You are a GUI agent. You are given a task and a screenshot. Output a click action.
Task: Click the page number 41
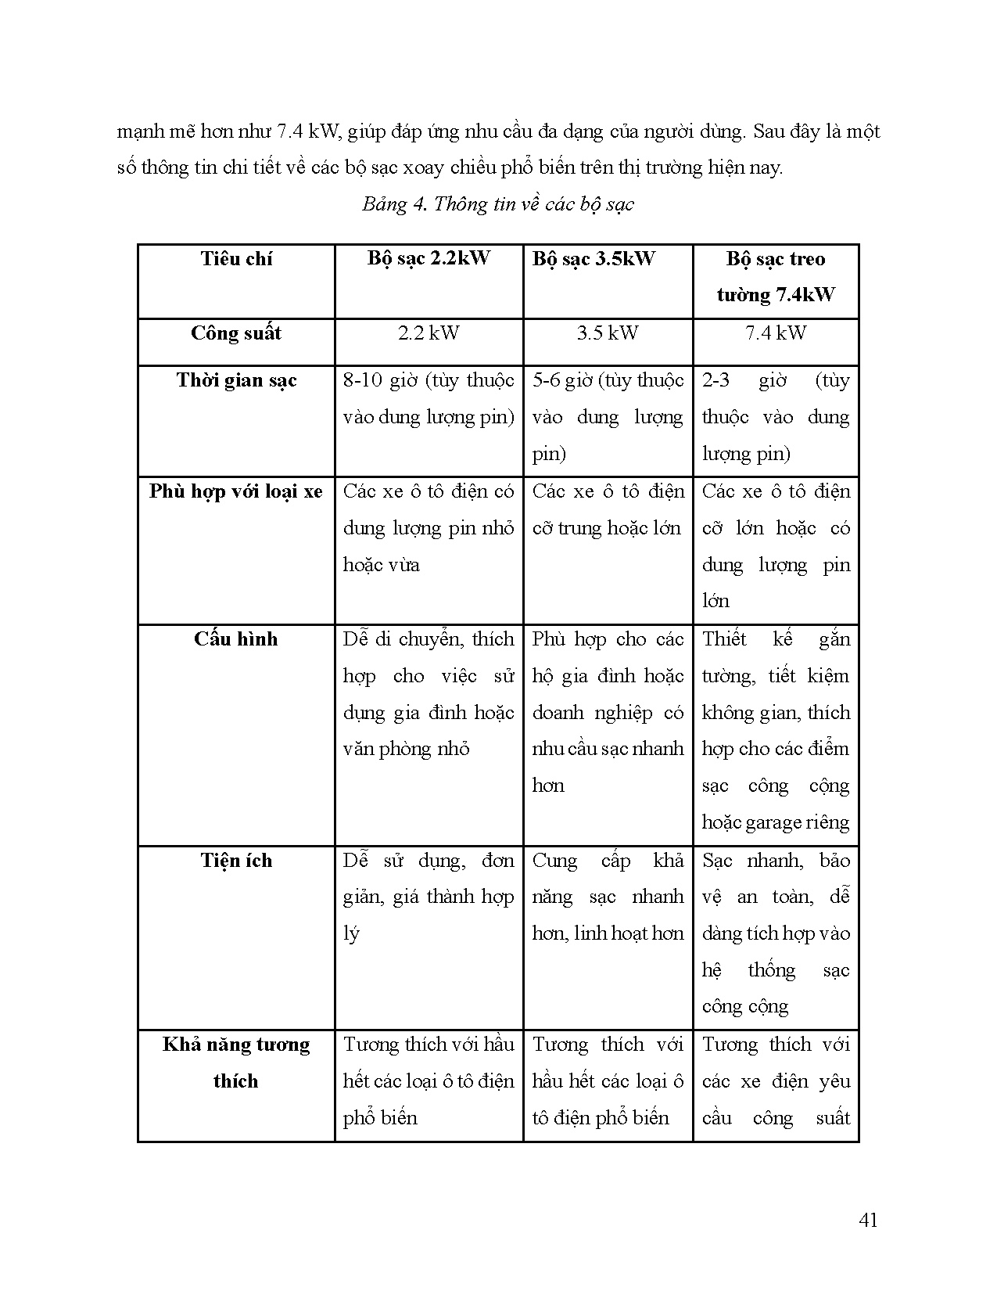(868, 1220)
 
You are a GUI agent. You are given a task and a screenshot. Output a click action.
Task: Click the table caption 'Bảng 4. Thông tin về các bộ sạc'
(497, 204)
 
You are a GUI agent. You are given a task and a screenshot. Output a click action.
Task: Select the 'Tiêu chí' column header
(236, 259)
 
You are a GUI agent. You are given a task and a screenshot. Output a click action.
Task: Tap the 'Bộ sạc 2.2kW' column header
(429, 259)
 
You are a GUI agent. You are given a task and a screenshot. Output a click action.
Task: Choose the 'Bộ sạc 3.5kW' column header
(594, 259)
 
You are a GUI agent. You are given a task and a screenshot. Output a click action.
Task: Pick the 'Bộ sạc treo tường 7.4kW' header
(775, 277)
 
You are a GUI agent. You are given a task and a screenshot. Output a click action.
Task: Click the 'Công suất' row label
(236, 333)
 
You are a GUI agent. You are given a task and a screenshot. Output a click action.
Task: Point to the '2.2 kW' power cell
(429, 333)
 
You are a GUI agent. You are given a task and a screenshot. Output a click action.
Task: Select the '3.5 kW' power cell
(608, 333)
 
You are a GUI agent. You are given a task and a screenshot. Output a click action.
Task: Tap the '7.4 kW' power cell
(775, 333)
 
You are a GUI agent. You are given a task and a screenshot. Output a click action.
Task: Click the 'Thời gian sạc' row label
(236, 381)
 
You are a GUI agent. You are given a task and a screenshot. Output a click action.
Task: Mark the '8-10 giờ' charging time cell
(429, 398)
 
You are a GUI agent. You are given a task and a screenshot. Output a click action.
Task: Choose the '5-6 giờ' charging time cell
(608, 416)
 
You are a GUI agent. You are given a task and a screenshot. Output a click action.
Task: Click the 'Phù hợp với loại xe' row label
(236, 492)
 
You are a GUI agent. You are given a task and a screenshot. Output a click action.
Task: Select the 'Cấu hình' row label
(236, 639)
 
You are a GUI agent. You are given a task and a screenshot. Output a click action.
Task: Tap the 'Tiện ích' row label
(236, 861)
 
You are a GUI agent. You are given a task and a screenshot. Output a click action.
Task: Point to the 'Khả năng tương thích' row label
(236, 1063)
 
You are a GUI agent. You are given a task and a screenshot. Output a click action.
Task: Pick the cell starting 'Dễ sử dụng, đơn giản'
(429, 897)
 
